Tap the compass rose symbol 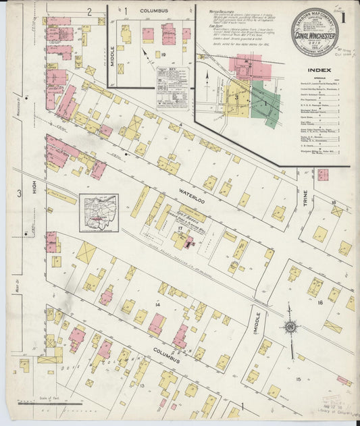pos(290,327)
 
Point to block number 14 pos(158,305)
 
